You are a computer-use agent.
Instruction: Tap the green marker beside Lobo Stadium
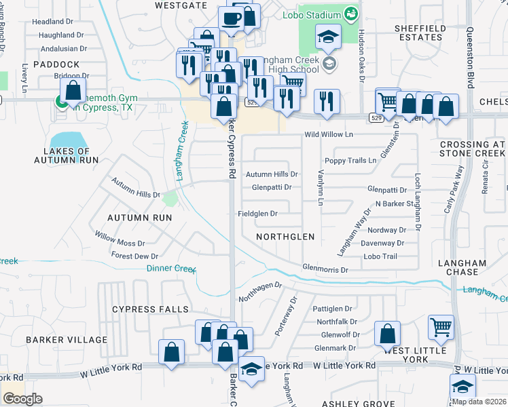[x=350, y=14]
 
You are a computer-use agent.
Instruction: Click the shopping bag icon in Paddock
[x=73, y=90]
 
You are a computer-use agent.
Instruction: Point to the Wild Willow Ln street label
[x=329, y=135]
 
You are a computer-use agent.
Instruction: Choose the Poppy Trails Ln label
[x=350, y=161]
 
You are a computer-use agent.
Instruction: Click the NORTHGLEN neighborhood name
[x=285, y=237]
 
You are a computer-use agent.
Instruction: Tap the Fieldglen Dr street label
[x=258, y=214]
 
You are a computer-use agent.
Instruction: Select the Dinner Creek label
[x=170, y=268]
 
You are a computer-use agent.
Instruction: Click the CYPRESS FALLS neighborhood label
[x=150, y=309]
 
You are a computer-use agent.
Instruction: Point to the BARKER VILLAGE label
[x=67, y=339]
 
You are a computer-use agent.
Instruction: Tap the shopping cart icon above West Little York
[x=441, y=328]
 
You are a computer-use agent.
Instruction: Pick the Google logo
[x=22, y=399]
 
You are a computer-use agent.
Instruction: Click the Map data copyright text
[x=479, y=402]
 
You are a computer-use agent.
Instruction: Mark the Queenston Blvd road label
[x=469, y=58]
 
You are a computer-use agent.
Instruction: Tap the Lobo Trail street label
[x=380, y=256]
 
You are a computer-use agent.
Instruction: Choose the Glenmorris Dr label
[x=325, y=269]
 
